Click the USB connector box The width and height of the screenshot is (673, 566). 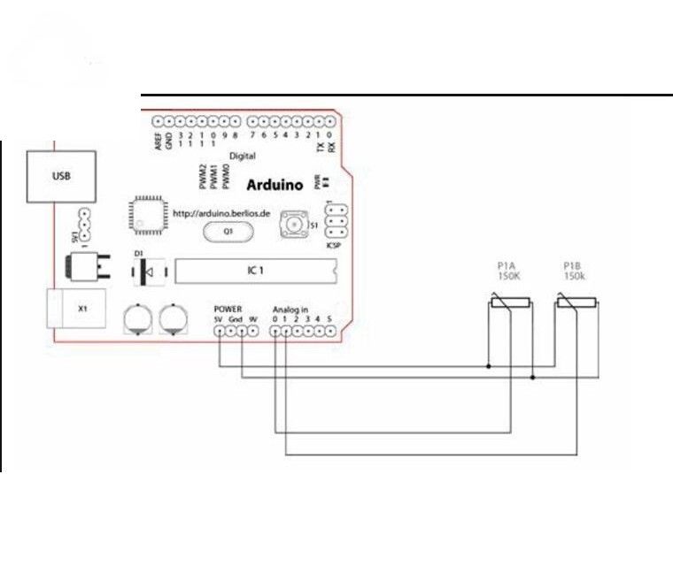click(x=60, y=175)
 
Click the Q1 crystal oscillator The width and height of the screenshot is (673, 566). click(x=227, y=232)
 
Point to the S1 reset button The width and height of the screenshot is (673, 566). click(x=292, y=226)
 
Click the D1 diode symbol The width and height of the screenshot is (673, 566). click(x=143, y=272)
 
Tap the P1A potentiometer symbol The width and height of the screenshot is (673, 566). click(x=512, y=306)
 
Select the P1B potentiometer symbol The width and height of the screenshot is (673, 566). click(x=576, y=306)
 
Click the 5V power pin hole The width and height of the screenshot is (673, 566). click(x=220, y=332)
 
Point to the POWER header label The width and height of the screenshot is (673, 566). click(x=228, y=310)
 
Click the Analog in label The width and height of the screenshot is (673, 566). click(x=290, y=310)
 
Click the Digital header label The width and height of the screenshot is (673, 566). click(x=242, y=156)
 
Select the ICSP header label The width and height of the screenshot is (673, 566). click(x=334, y=244)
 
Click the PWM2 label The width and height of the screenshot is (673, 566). click(x=203, y=176)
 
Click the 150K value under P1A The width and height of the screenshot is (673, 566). click(x=508, y=276)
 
